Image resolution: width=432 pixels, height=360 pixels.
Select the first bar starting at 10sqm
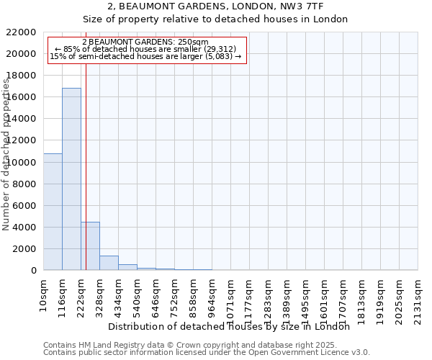53,212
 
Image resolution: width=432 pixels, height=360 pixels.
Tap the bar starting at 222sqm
90,246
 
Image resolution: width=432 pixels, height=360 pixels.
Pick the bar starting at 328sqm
109,263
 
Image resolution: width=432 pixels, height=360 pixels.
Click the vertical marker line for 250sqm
86,166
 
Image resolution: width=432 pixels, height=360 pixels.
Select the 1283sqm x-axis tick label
269,297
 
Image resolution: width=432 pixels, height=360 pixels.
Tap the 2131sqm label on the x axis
418,297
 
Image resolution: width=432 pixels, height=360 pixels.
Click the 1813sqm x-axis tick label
362,297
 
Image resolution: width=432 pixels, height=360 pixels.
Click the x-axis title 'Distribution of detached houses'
233,326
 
